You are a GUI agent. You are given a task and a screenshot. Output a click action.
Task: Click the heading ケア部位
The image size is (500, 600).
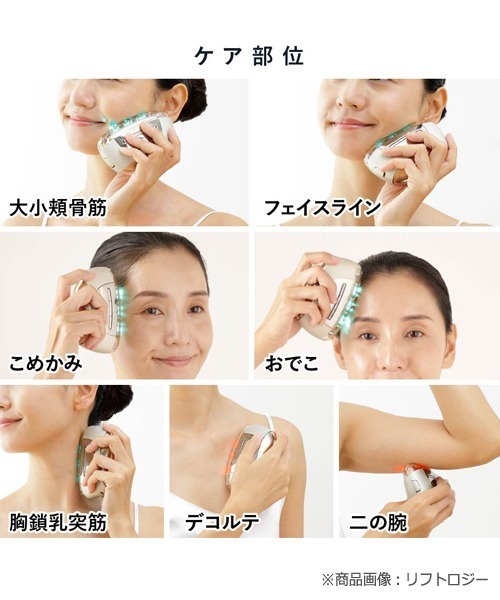pyautogui.click(x=250, y=53)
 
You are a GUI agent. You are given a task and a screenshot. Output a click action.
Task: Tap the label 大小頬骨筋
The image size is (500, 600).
pyautogui.click(x=57, y=208)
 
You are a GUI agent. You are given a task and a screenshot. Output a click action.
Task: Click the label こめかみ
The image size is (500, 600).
pyautogui.click(x=46, y=362)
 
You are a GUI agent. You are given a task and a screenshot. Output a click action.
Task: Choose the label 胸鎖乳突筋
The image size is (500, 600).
pyautogui.click(x=57, y=522)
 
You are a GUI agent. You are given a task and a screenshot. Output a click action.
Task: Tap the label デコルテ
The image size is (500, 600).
pyautogui.click(x=223, y=522)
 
